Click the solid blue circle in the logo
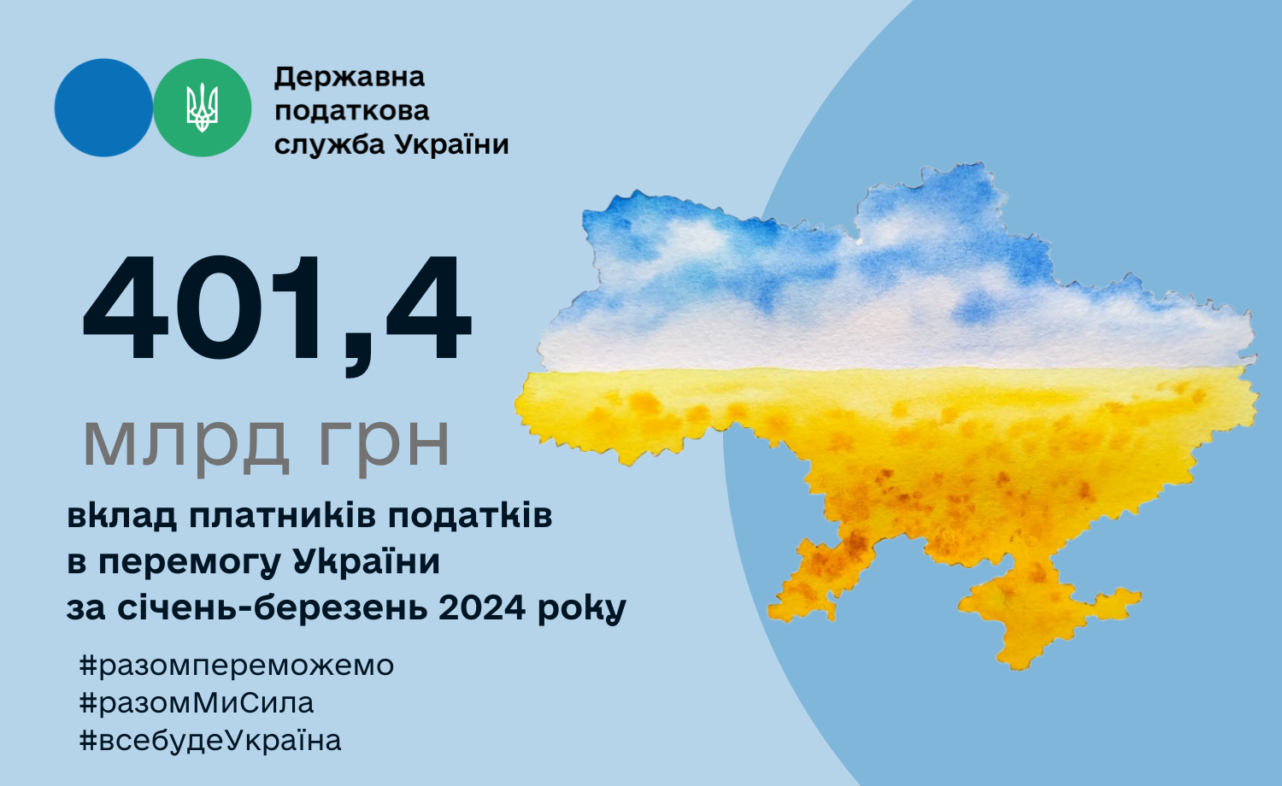click(x=103, y=108)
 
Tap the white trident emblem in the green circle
click(x=202, y=108)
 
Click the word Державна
click(x=349, y=78)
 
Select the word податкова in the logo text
click(x=351, y=111)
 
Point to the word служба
click(x=330, y=144)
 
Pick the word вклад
click(x=122, y=516)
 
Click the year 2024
click(x=482, y=607)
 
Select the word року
click(x=581, y=610)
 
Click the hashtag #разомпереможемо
click(x=237, y=666)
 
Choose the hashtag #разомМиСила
click(x=197, y=703)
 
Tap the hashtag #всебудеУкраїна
click(x=210, y=740)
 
